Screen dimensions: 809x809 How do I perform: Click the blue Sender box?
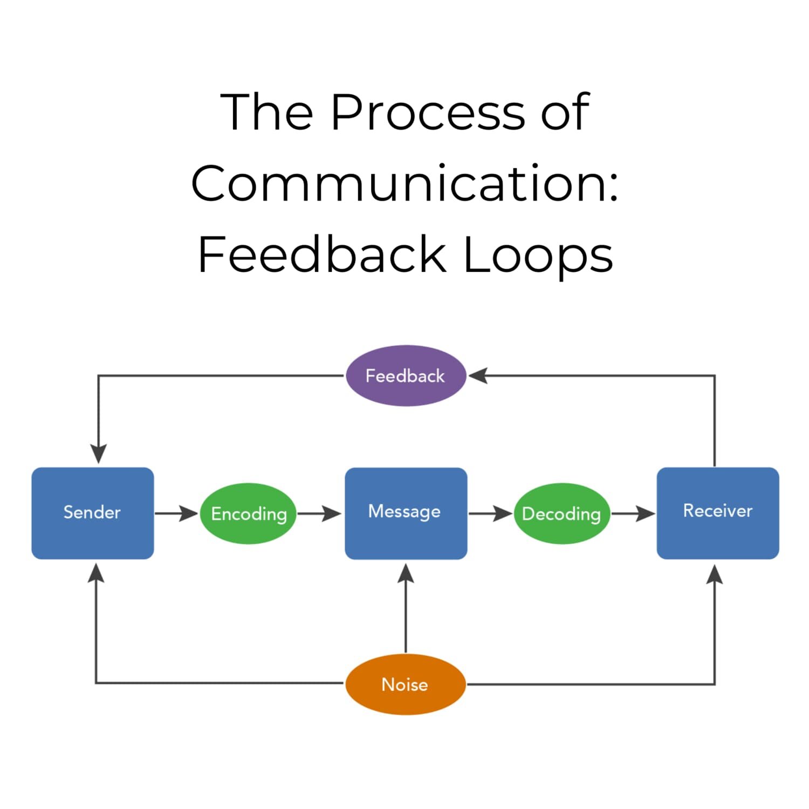click(x=93, y=513)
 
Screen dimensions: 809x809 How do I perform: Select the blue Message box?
click(x=406, y=513)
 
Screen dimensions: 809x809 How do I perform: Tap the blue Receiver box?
click(x=717, y=513)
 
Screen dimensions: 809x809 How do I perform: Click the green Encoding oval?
click(x=249, y=513)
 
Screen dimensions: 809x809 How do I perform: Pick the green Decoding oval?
click(x=561, y=513)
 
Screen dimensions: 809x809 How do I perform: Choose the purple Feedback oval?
click(x=406, y=375)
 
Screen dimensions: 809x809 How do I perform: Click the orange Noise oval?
click(x=406, y=684)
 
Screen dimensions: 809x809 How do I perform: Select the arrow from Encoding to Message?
click(x=319, y=513)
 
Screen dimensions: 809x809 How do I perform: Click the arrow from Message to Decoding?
click(x=490, y=513)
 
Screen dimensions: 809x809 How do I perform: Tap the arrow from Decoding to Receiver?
click(x=633, y=513)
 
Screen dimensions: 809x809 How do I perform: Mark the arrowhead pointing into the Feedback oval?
click(x=478, y=375)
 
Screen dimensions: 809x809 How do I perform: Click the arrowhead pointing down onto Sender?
click(x=98, y=454)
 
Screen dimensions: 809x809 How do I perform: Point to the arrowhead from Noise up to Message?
click(x=406, y=574)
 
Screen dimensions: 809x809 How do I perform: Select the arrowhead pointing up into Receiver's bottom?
click(x=715, y=575)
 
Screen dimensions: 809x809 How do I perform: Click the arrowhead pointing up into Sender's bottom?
click(x=96, y=574)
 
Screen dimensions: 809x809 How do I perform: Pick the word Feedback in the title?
click(x=323, y=255)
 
